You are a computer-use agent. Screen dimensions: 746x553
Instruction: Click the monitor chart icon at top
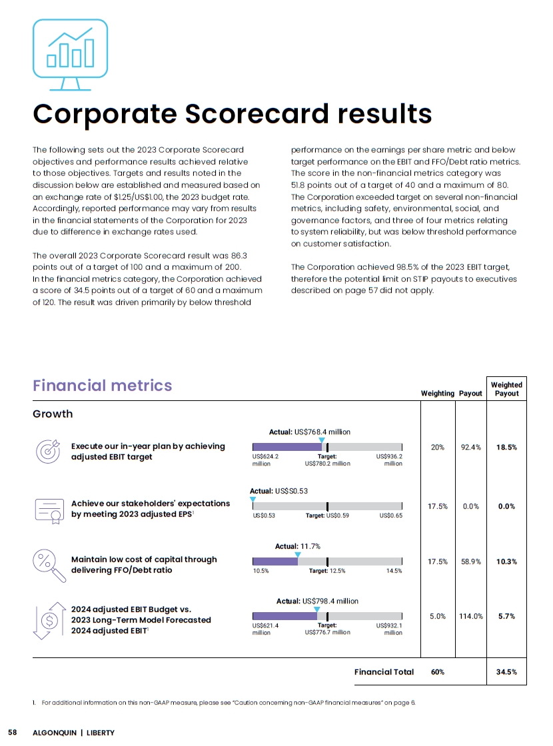70,55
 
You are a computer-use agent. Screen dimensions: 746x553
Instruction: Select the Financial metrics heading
102,385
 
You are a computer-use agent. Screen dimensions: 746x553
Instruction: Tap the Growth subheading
53,414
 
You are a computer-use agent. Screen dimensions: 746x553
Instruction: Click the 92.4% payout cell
471,448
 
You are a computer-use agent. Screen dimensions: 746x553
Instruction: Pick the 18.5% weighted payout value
507,448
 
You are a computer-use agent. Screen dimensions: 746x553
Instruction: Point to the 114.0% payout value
470,616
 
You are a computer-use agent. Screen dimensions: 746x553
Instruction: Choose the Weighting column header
437,394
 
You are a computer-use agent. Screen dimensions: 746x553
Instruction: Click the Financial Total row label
384,672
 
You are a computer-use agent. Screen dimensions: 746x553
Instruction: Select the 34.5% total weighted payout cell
507,672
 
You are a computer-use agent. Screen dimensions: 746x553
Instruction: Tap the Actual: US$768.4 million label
309,432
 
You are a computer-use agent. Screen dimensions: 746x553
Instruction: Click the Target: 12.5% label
327,571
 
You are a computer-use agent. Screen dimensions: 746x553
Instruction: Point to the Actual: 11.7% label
298,546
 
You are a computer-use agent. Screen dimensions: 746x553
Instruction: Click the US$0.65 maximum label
390,515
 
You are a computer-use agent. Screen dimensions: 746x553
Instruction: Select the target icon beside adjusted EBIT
47,451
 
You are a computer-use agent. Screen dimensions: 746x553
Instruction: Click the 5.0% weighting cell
437,616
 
